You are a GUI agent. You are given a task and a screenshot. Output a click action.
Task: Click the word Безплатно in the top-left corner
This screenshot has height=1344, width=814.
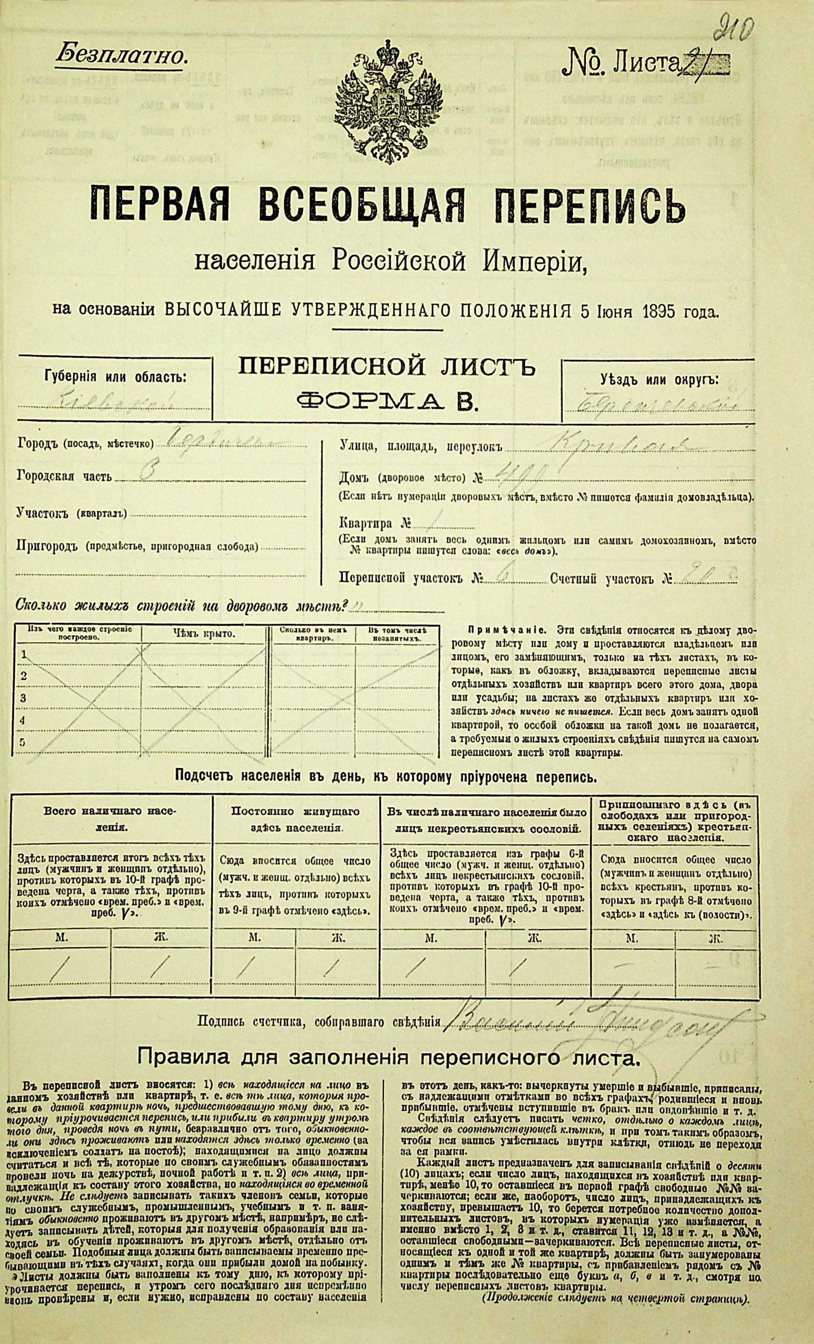(x=121, y=55)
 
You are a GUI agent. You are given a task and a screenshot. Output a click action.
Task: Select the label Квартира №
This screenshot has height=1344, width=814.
(x=375, y=524)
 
